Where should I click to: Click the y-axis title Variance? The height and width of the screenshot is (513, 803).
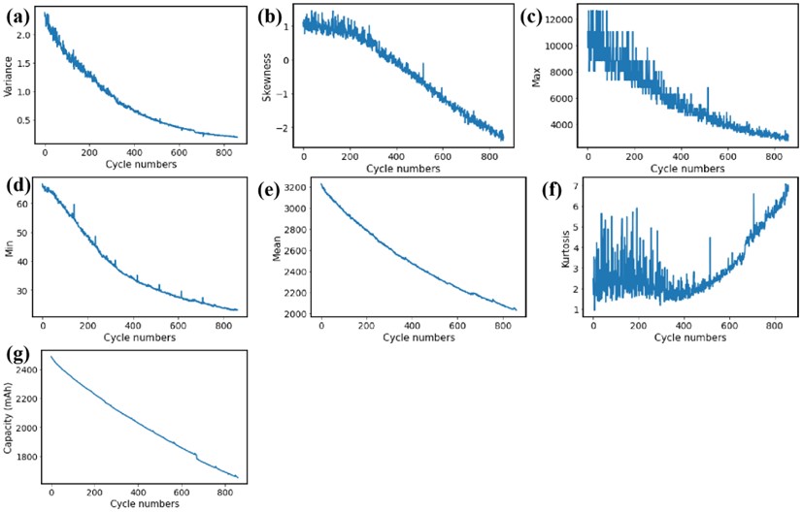coord(10,77)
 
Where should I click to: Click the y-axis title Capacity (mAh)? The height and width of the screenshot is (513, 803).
coord(9,416)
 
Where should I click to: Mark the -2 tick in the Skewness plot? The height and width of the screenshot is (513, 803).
coord(283,129)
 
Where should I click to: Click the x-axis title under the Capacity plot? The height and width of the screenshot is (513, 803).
coord(144,505)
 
